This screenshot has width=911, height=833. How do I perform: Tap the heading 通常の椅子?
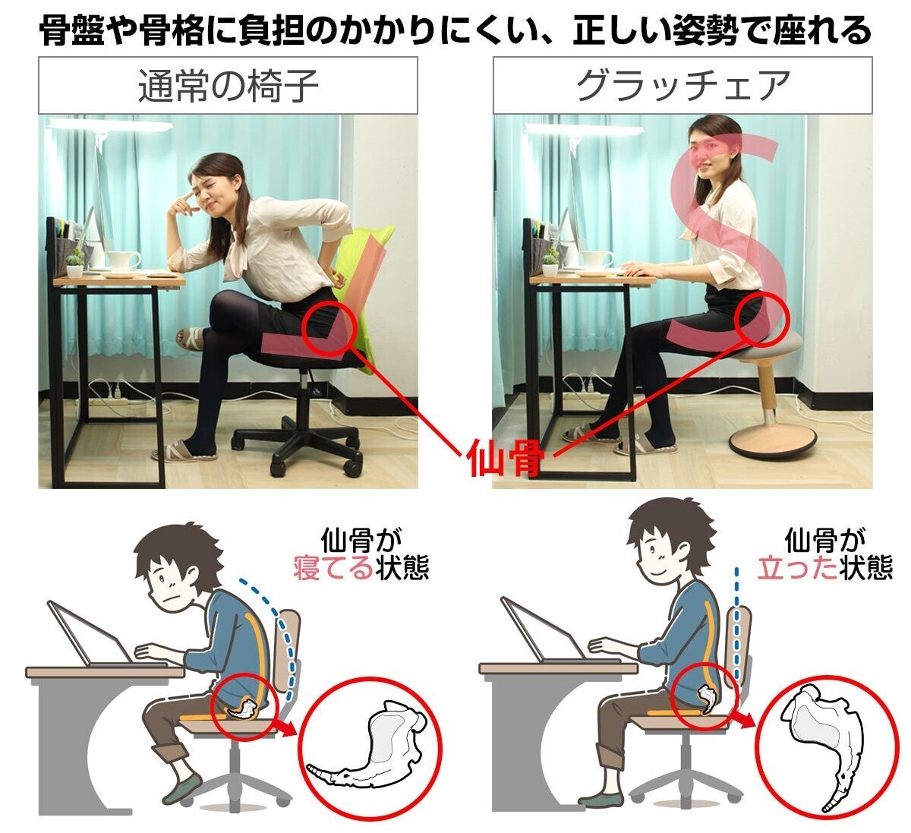[x=228, y=86]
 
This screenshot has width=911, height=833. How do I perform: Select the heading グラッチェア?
[x=682, y=85]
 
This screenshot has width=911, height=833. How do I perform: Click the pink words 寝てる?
[x=333, y=568]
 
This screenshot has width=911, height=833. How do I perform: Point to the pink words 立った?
[x=797, y=568]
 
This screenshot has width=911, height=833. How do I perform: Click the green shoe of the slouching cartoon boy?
[x=182, y=788]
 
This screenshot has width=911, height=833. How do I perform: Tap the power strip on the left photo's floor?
[x=108, y=400]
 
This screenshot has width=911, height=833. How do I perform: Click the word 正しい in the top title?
[x=622, y=30]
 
